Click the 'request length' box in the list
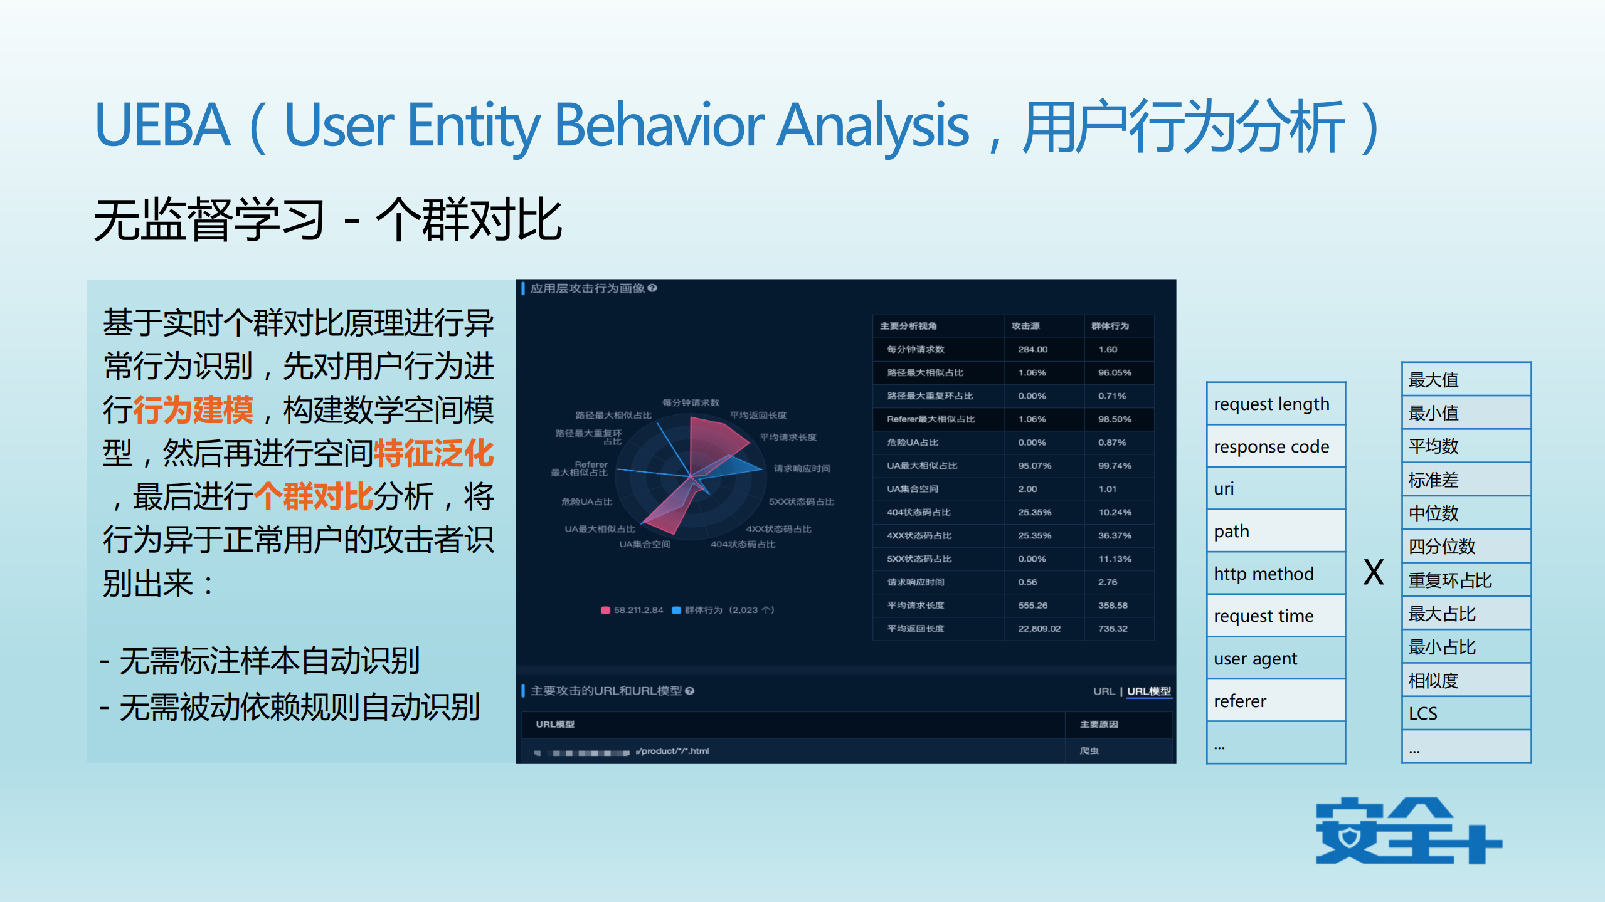coord(1275,404)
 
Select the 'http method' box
coord(1275,574)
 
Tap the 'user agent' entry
coord(1275,658)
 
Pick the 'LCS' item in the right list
coord(1466,713)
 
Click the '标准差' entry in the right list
coord(1466,480)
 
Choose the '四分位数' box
coord(1466,546)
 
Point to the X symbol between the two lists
coord(1374,572)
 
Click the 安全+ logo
coord(1408,831)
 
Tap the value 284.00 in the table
coord(1032,349)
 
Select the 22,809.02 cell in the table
coord(1039,628)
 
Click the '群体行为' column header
coord(1110,326)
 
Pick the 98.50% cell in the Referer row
coord(1115,419)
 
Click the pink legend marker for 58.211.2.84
coord(605,610)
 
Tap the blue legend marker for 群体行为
coord(676,610)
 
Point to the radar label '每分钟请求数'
coord(691,402)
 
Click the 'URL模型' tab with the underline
coord(1149,691)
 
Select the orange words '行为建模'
coord(193,410)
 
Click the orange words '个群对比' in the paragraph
coord(314,496)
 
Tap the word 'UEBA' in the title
coord(162,125)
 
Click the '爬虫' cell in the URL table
coord(1089,750)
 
